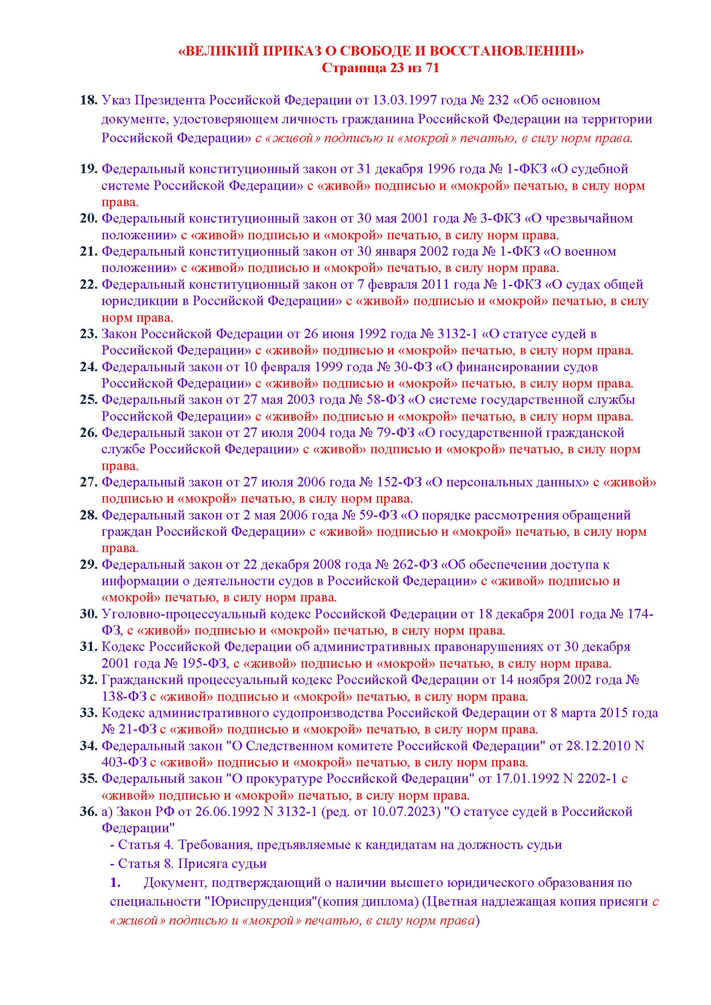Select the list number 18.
[88, 100]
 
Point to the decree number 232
[497, 100]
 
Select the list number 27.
[88, 482]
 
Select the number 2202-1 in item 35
[596, 779]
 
